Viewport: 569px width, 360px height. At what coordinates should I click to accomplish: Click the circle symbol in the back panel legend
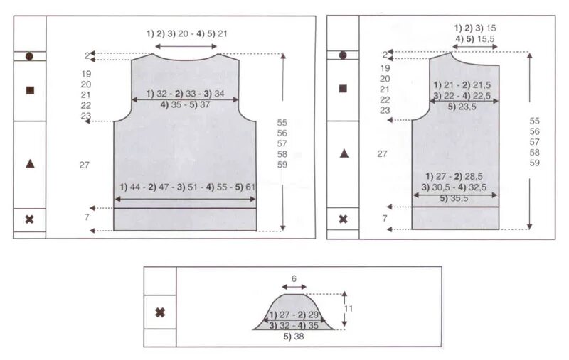tap(29, 56)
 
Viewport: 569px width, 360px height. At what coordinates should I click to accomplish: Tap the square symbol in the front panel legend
tap(343, 88)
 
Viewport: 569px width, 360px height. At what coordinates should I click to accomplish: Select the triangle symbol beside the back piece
tap(30, 164)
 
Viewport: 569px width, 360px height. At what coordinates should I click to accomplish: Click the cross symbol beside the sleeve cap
tap(160, 312)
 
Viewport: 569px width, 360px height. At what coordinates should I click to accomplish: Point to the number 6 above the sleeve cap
tap(294, 278)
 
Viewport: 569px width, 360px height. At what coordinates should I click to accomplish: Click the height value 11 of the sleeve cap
tap(349, 309)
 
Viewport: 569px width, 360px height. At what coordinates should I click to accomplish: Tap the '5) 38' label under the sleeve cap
tap(294, 337)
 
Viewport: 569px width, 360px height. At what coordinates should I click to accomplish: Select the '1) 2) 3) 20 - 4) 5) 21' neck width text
tap(187, 33)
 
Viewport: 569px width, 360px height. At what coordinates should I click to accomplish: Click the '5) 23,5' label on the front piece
tap(462, 107)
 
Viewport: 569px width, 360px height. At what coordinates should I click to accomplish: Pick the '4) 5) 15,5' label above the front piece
tap(475, 39)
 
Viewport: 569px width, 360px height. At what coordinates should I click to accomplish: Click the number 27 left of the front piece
tap(382, 154)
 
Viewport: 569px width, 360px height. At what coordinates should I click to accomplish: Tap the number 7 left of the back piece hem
tap(87, 217)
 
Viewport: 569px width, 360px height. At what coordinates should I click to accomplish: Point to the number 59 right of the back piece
tap(282, 165)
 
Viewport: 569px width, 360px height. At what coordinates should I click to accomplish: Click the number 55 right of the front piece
tap(535, 121)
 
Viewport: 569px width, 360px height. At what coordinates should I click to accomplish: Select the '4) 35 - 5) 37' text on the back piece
tap(185, 104)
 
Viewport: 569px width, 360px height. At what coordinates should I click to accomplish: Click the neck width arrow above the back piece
tap(186, 46)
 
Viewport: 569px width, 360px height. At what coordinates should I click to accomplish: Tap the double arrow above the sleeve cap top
tap(294, 287)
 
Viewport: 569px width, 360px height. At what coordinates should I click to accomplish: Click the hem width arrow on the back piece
tap(185, 199)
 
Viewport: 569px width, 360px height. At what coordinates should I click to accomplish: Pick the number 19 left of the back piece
tap(86, 74)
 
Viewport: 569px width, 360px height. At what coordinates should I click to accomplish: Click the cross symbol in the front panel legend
tap(343, 219)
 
